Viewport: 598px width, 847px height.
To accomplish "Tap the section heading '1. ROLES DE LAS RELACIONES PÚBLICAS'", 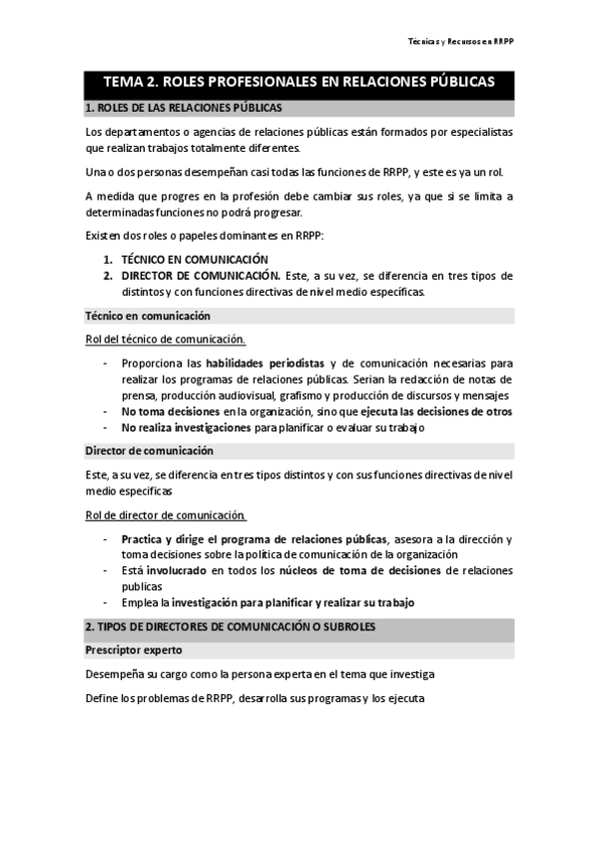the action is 184,107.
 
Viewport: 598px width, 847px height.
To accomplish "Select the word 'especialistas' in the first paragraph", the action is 476,131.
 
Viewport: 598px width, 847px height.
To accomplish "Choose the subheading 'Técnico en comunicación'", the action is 148,316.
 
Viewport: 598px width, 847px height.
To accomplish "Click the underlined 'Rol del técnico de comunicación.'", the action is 166,340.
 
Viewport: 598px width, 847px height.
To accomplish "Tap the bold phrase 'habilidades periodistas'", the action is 264,364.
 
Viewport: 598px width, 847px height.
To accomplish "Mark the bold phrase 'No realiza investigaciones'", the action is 187,427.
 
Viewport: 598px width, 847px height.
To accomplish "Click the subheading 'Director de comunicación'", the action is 149,450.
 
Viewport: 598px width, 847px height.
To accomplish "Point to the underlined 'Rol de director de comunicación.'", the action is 166,515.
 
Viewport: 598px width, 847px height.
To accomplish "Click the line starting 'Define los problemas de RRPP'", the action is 256,698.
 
